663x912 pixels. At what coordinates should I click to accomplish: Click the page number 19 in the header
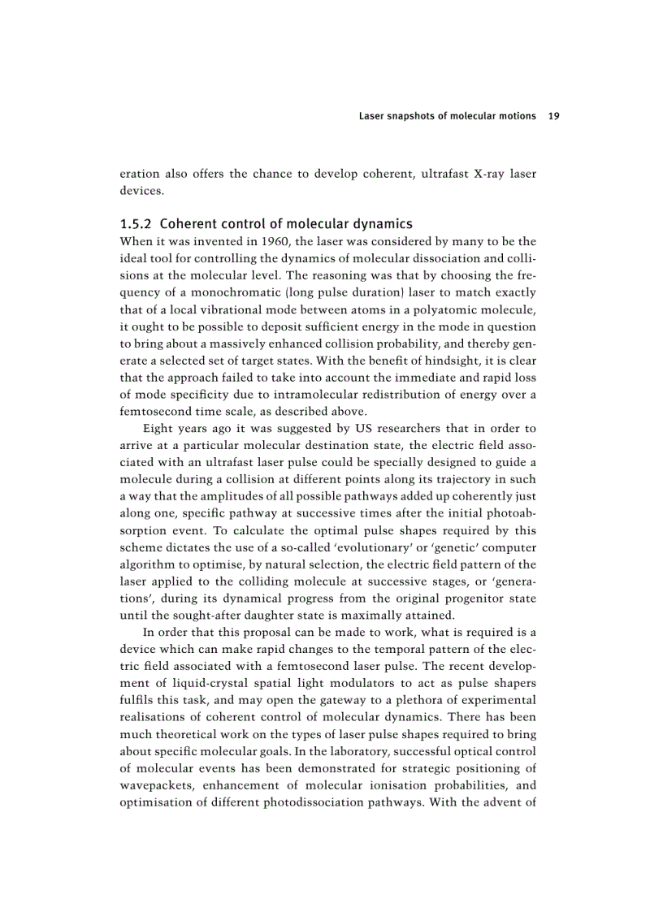pos(554,116)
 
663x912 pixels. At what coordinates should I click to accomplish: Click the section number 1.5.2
pos(139,223)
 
